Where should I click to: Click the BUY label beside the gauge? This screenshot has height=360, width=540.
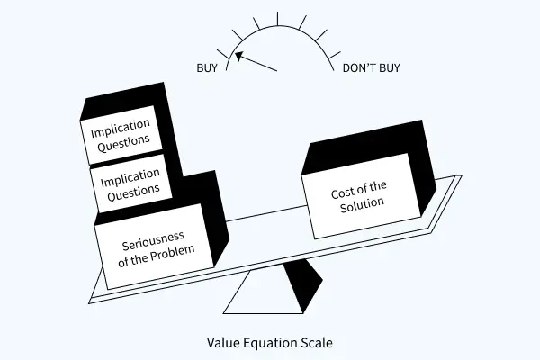click(207, 68)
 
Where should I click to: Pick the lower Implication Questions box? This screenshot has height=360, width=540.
click(132, 182)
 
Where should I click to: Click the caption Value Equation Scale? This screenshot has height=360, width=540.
click(270, 342)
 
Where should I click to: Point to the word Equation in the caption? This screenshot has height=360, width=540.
click(270, 342)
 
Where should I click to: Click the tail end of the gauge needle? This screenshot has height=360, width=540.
click(277, 71)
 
